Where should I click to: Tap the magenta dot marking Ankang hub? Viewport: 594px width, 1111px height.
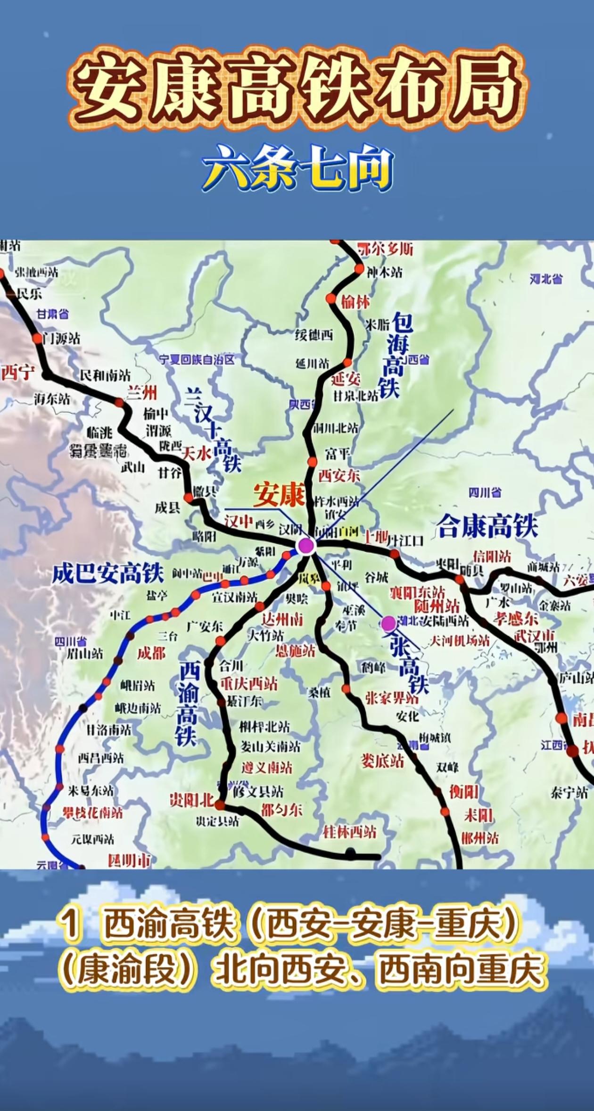305,546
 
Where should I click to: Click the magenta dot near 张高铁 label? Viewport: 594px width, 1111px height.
388,623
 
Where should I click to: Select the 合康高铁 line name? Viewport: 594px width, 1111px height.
487,526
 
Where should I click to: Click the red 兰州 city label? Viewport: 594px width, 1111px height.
142,393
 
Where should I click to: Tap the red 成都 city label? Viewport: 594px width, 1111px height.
151,653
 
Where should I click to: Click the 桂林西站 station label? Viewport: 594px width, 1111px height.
349,832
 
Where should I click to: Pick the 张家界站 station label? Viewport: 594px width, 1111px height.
392,698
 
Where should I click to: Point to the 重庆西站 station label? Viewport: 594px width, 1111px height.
249,683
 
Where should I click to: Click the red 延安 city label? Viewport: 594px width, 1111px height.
346,379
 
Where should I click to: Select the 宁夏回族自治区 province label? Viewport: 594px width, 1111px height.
197,360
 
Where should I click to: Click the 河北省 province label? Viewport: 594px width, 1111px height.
546,279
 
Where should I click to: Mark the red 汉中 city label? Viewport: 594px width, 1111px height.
239,522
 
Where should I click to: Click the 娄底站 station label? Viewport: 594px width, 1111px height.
382,761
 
